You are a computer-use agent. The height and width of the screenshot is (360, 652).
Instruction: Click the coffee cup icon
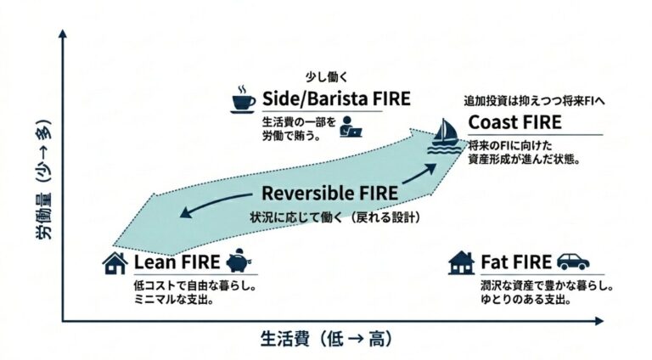[244, 100]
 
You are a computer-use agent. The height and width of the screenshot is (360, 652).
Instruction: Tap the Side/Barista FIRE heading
[337, 98]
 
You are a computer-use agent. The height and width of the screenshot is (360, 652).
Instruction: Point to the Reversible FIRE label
[329, 193]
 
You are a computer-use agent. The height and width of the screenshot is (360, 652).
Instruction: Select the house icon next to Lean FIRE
[115, 262]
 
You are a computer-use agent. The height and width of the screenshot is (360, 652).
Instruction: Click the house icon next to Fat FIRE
[461, 262]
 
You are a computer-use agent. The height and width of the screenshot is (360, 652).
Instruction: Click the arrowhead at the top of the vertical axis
[63, 37]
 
